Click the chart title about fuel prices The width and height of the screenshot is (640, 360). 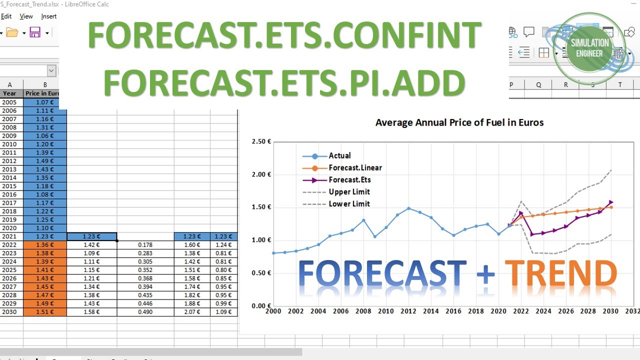[x=459, y=122]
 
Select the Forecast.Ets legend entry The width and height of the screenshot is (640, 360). [x=349, y=180]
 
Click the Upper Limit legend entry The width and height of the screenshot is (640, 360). [x=349, y=192]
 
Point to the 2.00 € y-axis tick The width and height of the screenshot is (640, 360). [x=261, y=174]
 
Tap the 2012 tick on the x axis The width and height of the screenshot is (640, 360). [x=408, y=311]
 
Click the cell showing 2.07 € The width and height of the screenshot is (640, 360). [x=191, y=312]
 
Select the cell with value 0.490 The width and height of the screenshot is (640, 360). [x=145, y=312]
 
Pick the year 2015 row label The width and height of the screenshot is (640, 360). [x=9, y=186]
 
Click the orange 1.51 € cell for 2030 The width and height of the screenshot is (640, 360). [x=44, y=312]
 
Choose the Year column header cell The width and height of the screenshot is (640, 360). [x=9, y=93]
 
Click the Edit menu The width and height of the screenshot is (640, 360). [x=6, y=16]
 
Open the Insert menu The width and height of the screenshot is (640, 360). [x=49, y=16]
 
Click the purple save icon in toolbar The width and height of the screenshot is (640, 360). [x=35, y=33]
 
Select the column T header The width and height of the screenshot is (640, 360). [x=620, y=85]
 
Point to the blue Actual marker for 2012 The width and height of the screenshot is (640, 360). [x=408, y=208]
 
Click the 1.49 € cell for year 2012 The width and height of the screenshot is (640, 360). [x=44, y=161]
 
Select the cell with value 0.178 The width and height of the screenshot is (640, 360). [x=145, y=245]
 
